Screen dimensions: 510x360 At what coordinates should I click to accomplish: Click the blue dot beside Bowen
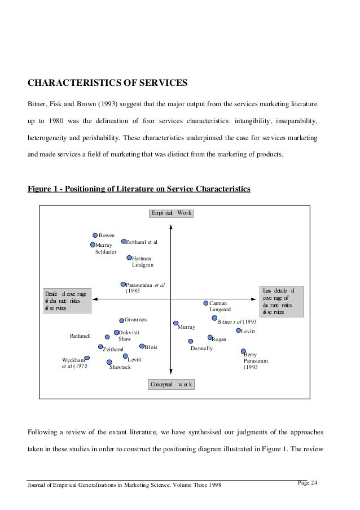click(x=95, y=235)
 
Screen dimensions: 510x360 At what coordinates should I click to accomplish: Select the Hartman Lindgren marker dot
click(x=129, y=258)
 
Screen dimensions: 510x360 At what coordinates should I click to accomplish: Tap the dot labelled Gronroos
click(x=121, y=320)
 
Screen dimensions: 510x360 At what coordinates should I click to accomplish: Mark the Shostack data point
click(x=109, y=362)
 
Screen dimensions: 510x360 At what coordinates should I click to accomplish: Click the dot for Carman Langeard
click(x=205, y=303)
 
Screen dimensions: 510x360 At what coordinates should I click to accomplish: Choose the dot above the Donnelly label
click(x=191, y=341)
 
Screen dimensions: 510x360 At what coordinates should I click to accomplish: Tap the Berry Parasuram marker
click(x=243, y=351)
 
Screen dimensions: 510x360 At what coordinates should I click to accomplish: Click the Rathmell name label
click(x=80, y=336)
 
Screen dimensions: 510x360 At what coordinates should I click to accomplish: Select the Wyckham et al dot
click(x=87, y=358)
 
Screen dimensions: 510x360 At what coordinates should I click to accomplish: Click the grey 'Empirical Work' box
click(x=172, y=213)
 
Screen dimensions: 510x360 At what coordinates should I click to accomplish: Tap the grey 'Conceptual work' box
click(x=172, y=385)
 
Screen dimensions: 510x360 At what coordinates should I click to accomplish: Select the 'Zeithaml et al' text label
click(x=141, y=242)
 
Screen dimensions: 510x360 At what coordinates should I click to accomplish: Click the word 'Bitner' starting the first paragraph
click(x=38, y=104)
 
